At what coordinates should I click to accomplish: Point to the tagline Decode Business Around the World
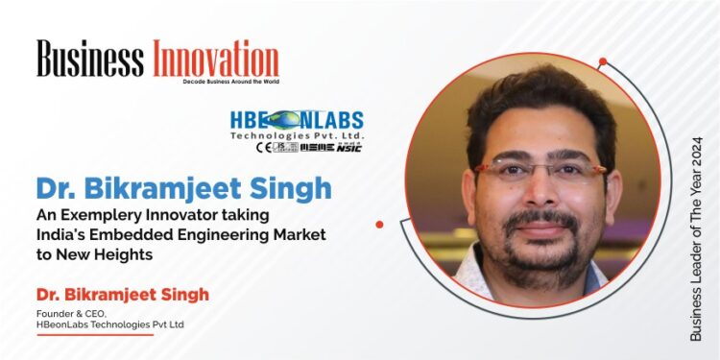pyautogui.click(x=230, y=83)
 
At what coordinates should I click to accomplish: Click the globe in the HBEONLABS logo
pyautogui.click(x=284, y=121)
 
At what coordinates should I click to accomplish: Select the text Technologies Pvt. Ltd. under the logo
pyautogui.click(x=309, y=136)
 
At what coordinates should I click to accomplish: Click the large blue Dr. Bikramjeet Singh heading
pyautogui.click(x=184, y=187)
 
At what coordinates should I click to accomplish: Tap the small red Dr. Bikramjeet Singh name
pyautogui.click(x=123, y=293)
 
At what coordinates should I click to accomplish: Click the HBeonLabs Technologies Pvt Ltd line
pyautogui.click(x=109, y=324)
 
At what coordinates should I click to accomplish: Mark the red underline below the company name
pyautogui.click(x=94, y=335)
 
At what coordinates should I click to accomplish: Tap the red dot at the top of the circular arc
pyautogui.click(x=603, y=61)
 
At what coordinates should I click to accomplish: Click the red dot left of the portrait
pyautogui.click(x=379, y=224)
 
